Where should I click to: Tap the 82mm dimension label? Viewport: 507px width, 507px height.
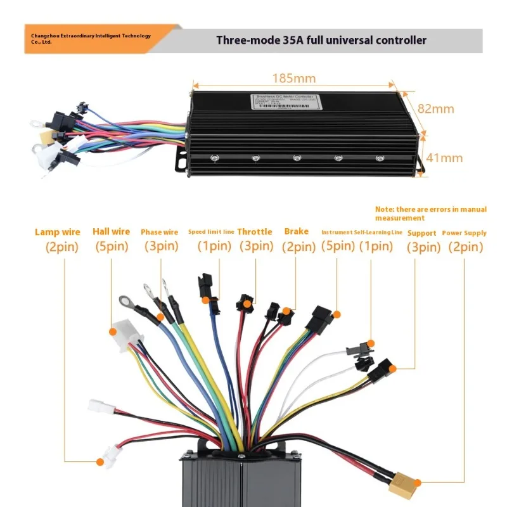[435, 109]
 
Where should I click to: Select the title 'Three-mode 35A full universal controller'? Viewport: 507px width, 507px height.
[321, 41]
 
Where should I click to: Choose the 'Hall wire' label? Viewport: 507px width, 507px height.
[111, 232]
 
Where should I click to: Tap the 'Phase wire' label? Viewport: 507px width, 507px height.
[160, 233]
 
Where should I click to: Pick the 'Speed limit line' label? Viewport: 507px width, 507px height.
[211, 232]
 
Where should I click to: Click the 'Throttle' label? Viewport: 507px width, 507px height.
[255, 232]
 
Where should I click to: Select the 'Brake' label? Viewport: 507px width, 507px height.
[297, 232]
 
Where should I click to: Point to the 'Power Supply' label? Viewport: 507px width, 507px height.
[465, 233]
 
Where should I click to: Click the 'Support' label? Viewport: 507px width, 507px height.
[421, 233]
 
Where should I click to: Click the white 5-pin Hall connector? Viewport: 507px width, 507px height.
[126, 334]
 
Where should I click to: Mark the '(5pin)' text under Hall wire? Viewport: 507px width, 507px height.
[111, 247]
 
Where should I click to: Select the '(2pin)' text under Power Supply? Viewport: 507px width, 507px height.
[465, 247]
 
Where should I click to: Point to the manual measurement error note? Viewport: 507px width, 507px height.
[431, 213]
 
